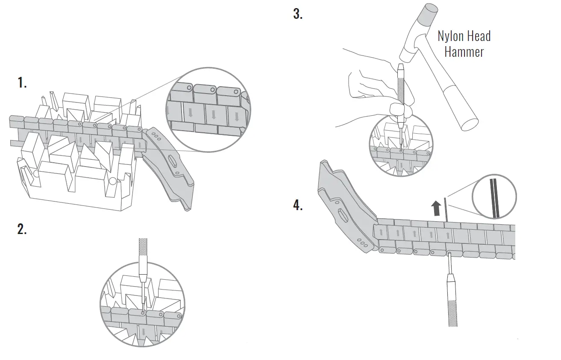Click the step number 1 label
click(22, 83)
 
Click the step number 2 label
click(22, 229)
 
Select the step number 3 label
click(298, 14)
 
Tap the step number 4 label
click(298, 205)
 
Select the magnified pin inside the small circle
click(494, 197)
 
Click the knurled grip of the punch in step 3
click(401, 90)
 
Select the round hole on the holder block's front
click(112, 181)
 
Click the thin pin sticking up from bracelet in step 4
click(445, 210)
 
